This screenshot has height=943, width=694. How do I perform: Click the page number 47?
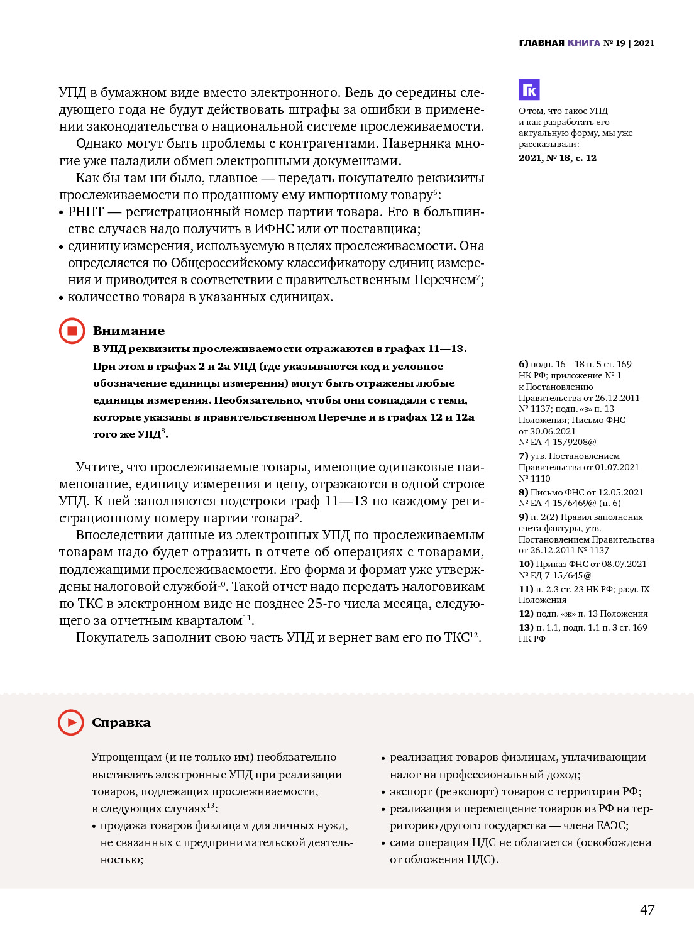647,910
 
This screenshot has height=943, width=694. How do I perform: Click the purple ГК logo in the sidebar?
529,90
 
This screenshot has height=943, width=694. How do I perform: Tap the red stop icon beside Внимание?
72,331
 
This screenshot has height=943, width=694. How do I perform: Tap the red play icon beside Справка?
71,722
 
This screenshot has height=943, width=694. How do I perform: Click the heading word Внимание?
129,331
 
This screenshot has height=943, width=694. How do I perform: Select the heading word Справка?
121,722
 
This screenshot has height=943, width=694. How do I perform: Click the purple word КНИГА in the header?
584,43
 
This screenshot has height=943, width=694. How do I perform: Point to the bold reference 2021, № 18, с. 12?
558,158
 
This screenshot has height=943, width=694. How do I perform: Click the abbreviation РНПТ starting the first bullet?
85,212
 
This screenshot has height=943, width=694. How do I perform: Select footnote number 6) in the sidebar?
524,364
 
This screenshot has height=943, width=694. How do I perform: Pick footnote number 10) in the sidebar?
526,564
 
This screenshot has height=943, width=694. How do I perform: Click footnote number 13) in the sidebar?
526,627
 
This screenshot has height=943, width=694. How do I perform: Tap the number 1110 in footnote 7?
540,478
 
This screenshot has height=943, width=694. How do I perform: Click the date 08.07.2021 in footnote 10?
624,564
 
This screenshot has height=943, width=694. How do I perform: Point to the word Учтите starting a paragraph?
98,467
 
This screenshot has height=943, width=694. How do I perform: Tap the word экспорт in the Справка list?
410,791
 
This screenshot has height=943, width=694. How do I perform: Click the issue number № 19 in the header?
614,43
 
